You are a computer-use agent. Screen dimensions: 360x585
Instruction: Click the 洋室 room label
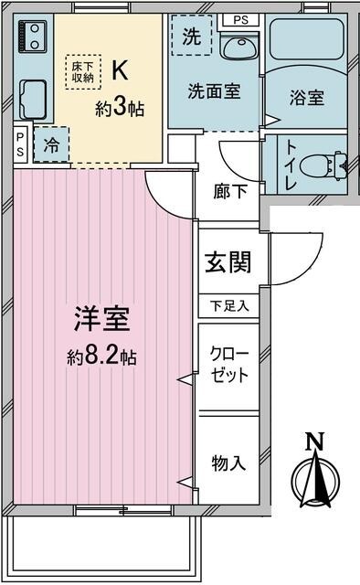[101, 321]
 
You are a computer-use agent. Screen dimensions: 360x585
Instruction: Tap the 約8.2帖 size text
[101, 356]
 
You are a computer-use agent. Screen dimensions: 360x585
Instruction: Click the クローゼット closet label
[228, 365]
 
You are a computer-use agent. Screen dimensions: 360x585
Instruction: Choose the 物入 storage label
[228, 463]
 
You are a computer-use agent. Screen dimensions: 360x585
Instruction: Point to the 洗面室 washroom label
[215, 91]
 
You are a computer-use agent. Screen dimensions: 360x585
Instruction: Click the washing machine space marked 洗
[191, 37]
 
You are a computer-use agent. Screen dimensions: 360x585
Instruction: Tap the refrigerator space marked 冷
[51, 144]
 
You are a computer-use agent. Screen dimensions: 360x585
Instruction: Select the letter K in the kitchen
[120, 69]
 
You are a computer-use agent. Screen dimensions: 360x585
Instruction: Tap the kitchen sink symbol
[33, 96]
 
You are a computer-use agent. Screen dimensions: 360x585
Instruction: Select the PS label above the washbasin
[240, 19]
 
